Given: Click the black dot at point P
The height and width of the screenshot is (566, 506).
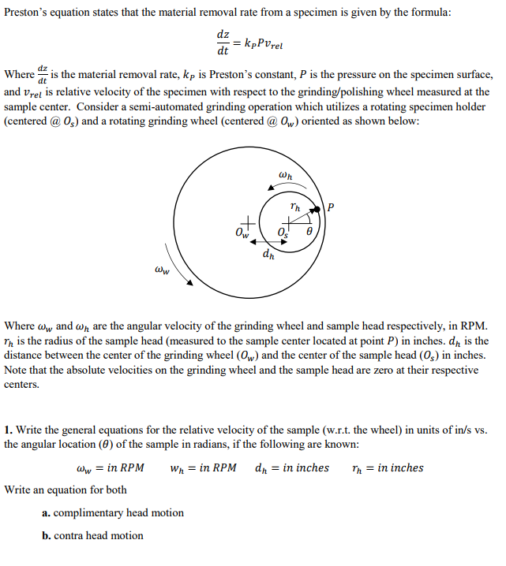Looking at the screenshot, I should pyautogui.click(x=320, y=208).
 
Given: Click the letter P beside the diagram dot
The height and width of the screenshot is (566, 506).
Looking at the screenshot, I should pyautogui.click(x=331, y=208).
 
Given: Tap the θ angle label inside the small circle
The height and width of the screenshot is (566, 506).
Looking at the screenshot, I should pyautogui.click(x=309, y=234).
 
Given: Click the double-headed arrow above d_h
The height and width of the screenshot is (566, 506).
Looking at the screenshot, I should pyautogui.click(x=266, y=243).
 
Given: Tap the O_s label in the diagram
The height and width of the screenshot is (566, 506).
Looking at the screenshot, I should pyautogui.click(x=283, y=233).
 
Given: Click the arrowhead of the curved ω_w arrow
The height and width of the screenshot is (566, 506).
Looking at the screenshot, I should pyautogui.click(x=189, y=281).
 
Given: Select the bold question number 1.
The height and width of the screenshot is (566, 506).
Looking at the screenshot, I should pyautogui.click(x=8, y=430).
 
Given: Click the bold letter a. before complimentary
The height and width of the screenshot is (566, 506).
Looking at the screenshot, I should pyautogui.click(x=47, y=513).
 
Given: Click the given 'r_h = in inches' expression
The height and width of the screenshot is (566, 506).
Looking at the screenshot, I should pyautogui.click(x=388, y=468).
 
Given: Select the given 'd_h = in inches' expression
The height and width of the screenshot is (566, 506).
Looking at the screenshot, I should pyautogui.click(x=291, y=468).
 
